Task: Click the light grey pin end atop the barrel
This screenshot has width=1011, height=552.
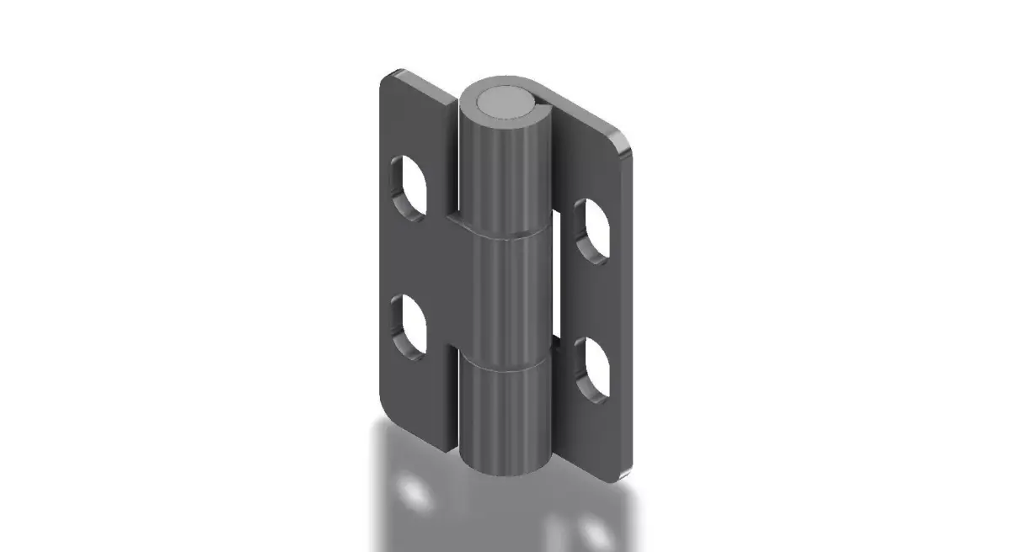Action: pyautogui.click(x=503, y=103)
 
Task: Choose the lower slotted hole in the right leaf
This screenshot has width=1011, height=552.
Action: pyautogui.click(x=594, y=369)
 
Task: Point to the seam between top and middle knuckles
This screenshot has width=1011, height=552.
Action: pyautogui.click(x=504, y=236)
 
